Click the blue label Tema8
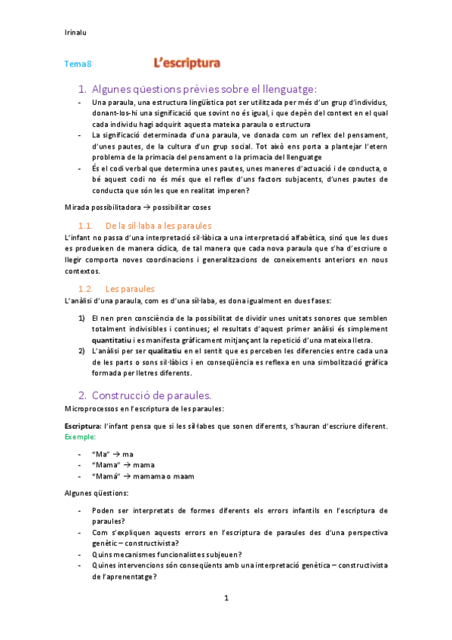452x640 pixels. click(78, 65)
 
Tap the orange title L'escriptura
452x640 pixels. click(187, 63)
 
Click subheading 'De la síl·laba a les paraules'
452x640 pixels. click(158, 226)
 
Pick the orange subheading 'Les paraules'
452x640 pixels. click(131, 288)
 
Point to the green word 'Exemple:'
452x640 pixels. click(79, 437)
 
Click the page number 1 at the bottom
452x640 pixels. click(226, 598)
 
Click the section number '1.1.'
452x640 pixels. click(85, 226)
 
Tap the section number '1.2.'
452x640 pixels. click(85, 288)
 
